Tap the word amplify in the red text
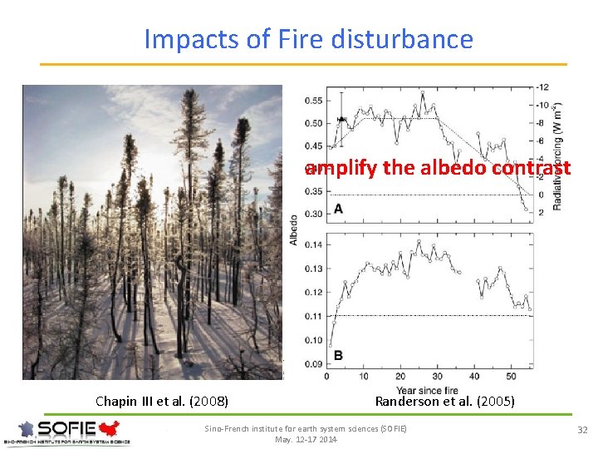pos(341,168)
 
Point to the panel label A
pos(338,209)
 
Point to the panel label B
pos(338,356)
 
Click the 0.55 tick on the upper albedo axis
pos(313,101)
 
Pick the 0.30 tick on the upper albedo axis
pos(313,214)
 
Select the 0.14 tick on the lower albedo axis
pos(313,244)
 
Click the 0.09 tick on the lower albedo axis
pos(313,363)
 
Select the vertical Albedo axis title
pos(293,229)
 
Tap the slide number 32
pos(582,429)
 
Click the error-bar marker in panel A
pos(341,120)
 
